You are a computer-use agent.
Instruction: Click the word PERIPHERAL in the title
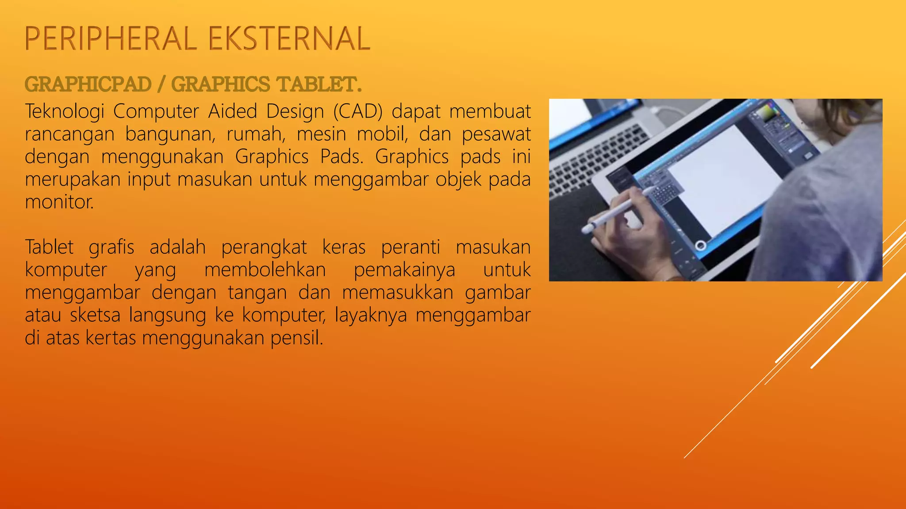tap(111, 38)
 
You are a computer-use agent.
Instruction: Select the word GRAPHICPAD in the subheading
tap(88, 84)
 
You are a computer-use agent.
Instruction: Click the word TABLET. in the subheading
tap(319, 84)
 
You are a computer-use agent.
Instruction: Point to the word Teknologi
tap(64, 111)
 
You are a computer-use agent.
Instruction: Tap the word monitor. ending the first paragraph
tap(59, 202)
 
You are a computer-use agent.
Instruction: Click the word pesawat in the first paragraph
tap(496, 134)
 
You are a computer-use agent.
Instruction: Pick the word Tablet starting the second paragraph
tap(49, 247)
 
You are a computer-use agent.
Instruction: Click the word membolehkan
tap(265, 270)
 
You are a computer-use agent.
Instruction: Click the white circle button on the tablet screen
tap(700, 245)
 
